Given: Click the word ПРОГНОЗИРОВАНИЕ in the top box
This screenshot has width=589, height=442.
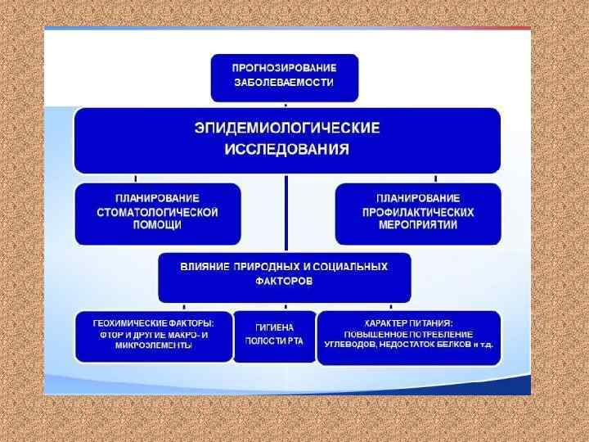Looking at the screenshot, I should (x=285, y=67).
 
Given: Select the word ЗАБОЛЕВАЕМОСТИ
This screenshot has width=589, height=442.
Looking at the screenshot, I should (x=285, y=83).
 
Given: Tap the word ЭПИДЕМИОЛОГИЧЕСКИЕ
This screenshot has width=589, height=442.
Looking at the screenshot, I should (x=286, y=128).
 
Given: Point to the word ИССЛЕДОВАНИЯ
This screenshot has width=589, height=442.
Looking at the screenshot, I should (x=286, y=150).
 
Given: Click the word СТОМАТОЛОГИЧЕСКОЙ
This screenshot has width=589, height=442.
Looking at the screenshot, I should (x=158, y=212).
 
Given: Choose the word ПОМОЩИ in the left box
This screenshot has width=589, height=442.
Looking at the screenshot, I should (x=157, y=225).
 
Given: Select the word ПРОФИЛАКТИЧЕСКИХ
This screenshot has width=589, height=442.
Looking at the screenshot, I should (x=418, y=212).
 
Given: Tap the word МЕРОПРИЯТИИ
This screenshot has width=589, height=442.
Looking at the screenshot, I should (x=418, y=225).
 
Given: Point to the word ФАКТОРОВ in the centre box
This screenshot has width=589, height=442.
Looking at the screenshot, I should (x=284, y=281).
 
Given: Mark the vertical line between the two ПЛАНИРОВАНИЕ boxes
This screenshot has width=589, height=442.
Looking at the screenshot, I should (x=286, y=214).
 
